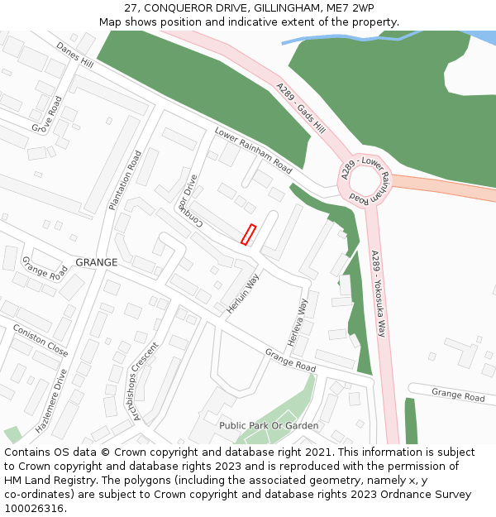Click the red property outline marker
[248, 234]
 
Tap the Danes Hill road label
[75, 55]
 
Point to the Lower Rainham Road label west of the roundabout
[253, 151]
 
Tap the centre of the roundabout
[365, 181]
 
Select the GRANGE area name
[97, 262]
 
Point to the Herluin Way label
[243, 294]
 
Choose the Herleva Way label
[298, 322]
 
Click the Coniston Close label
[41, 340]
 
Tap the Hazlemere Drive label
[51, 401]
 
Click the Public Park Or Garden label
[269, 425]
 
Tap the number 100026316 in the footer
[35, 509]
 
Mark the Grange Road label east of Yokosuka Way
[458, 396]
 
